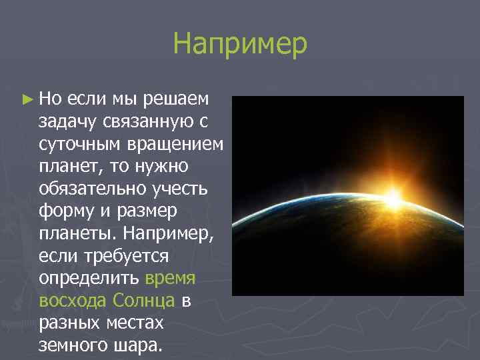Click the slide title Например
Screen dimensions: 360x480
[x=240, y=45]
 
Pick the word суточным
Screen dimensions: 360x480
[x=73, y=144]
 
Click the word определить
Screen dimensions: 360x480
[x=89, y=278]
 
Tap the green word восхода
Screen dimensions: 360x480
[x=72, y=301]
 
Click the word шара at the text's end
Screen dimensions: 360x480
[x=137, y=345]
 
